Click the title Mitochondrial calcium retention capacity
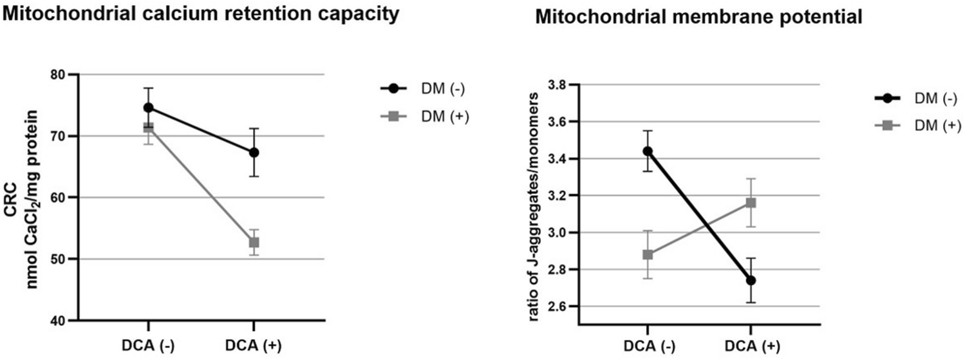coord(199,14)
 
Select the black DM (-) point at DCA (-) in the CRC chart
coord(149,107)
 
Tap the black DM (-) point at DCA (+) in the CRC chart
coord(254,153)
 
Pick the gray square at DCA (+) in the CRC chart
coord(254,242)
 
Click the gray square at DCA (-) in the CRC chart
coord(149,128)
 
